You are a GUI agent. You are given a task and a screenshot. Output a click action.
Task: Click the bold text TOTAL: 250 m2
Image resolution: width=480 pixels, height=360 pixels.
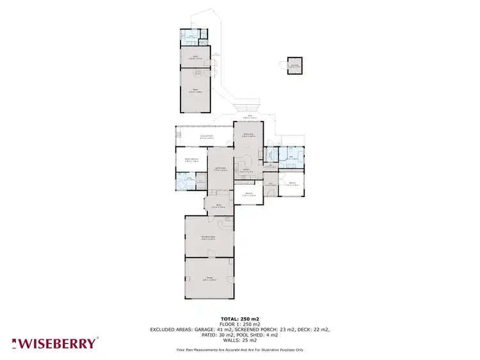point(240,318)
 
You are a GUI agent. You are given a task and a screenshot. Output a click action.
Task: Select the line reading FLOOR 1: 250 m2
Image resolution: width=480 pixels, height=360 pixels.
point(240,324)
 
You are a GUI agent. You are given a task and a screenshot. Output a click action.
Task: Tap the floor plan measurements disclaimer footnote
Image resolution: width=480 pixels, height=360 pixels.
point(240,350)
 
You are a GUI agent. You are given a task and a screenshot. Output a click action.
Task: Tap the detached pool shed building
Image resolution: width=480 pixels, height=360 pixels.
point(294,66)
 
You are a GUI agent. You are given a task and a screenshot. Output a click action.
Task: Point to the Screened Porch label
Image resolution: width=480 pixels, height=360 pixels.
point(207,137)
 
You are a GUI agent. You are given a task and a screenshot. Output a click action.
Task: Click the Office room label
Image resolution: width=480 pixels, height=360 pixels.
point(218,205)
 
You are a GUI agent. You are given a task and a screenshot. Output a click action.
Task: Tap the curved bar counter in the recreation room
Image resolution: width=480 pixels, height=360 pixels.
point(225,224)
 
